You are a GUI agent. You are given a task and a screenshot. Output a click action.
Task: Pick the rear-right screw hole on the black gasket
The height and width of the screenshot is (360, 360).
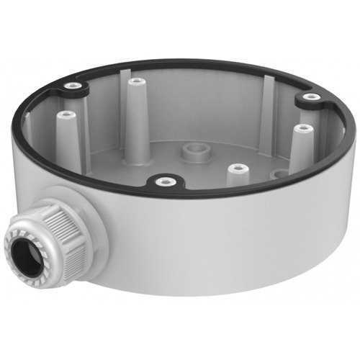pos(310,96)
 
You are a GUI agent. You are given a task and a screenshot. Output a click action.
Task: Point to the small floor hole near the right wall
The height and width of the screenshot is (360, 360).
pos(276,173)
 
